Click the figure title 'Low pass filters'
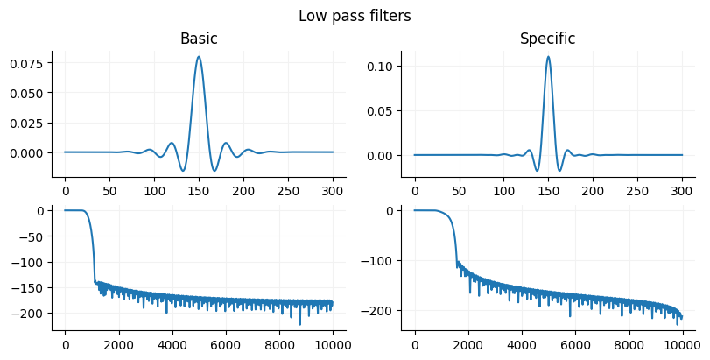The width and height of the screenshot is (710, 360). pyautogui.click(x=355, y=16)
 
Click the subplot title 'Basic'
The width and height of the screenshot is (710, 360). pyautogui.click(x=199, y=39)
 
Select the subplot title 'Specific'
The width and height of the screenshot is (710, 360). pyautogui.click(x=548, y=39)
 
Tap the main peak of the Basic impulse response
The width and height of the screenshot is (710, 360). pyautogui.click(x=199, y=57)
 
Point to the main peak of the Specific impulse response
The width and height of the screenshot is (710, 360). pyautogui.click(x=548, y=57)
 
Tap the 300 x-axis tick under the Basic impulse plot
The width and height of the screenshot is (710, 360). pyautogui.click(x=333, y=189)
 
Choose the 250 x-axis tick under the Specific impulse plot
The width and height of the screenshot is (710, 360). pyautogui.click(x=637, y=189)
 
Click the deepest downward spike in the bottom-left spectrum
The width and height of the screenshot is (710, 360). pyautogui.click(x=299, y=324)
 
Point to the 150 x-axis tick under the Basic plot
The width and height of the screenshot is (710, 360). pyautogui.click(x=199, y=189)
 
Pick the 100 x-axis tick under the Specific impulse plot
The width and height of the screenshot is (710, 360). pyautogui.click(x=503, y=189)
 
